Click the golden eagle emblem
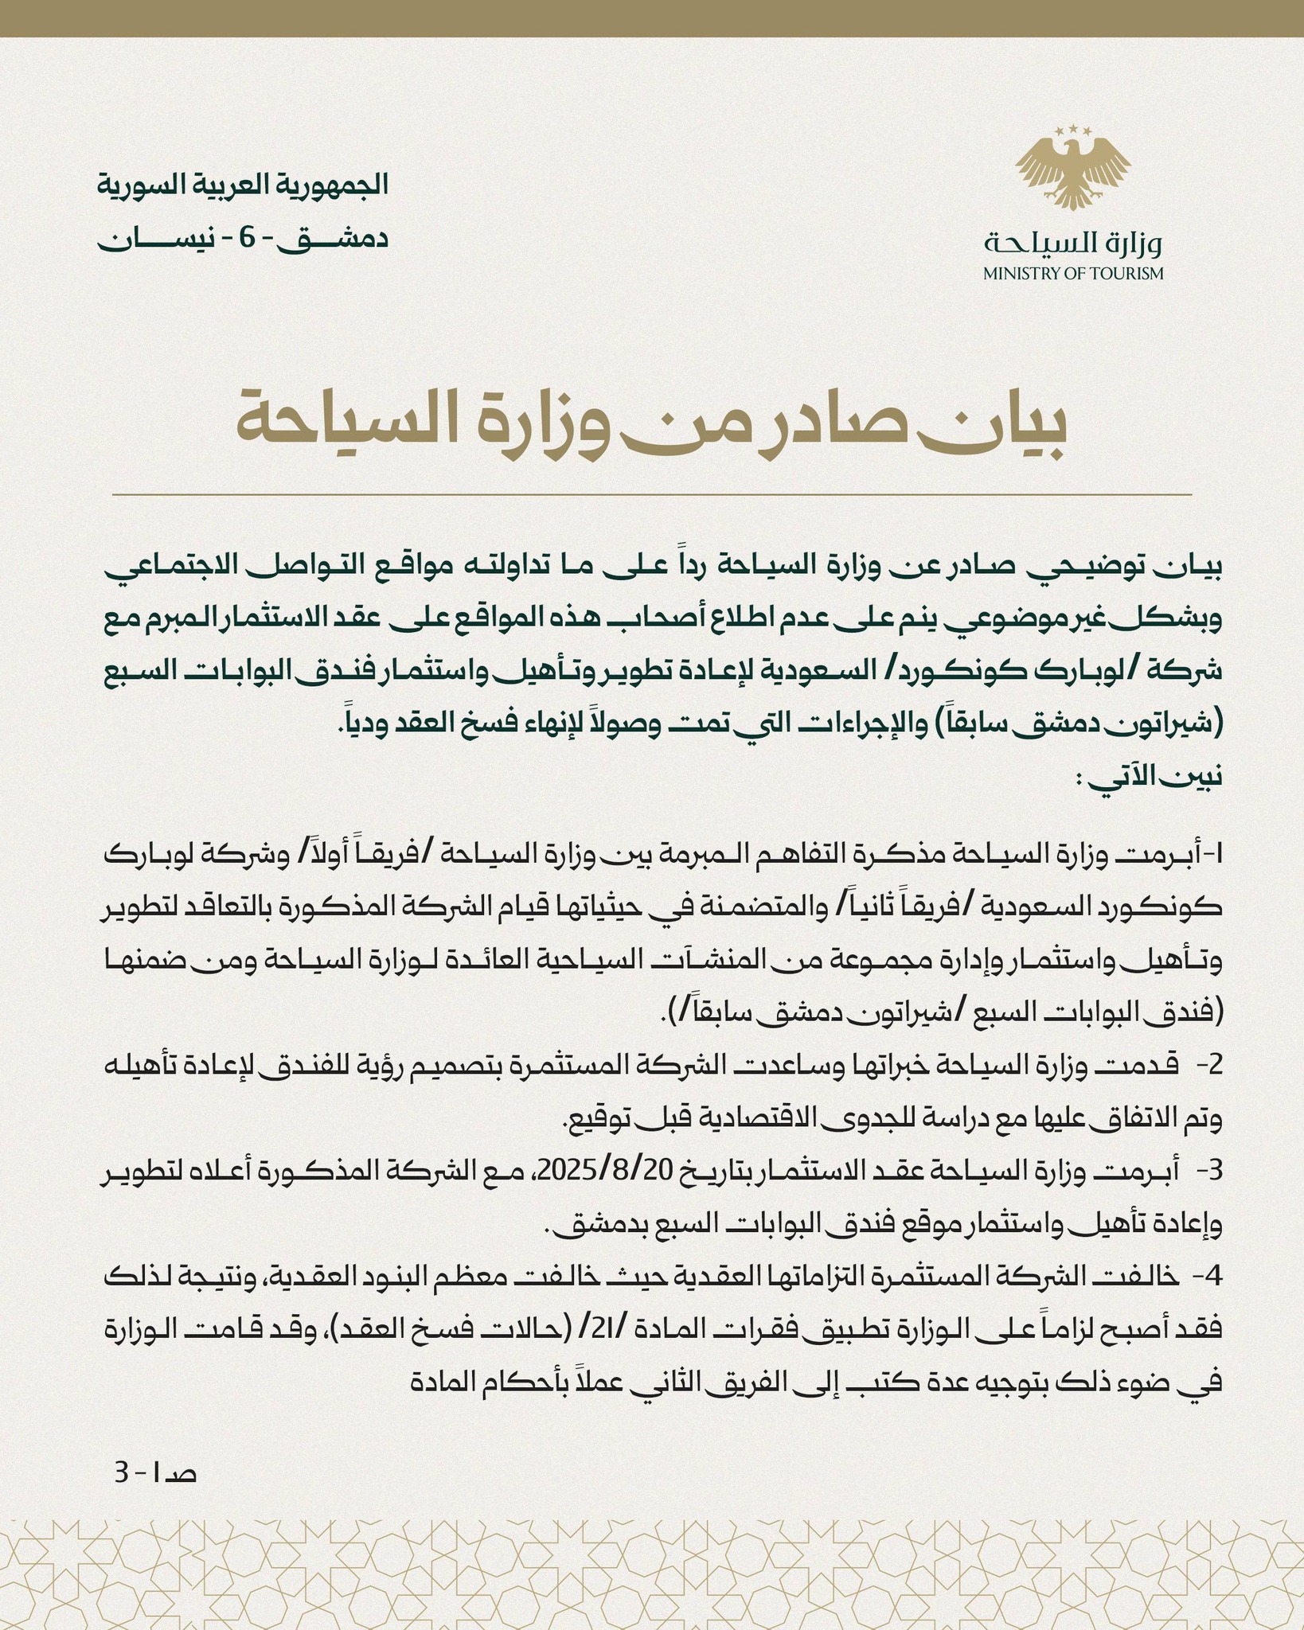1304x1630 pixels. coord(1072,170)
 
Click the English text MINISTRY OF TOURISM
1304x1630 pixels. coord(1072,274)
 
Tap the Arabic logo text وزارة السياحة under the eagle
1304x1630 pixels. coord(1072,242)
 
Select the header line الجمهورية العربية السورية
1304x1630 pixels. coord(243,185)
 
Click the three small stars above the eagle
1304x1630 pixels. coord(1072,128)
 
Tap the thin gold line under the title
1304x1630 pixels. coord(652,495)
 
